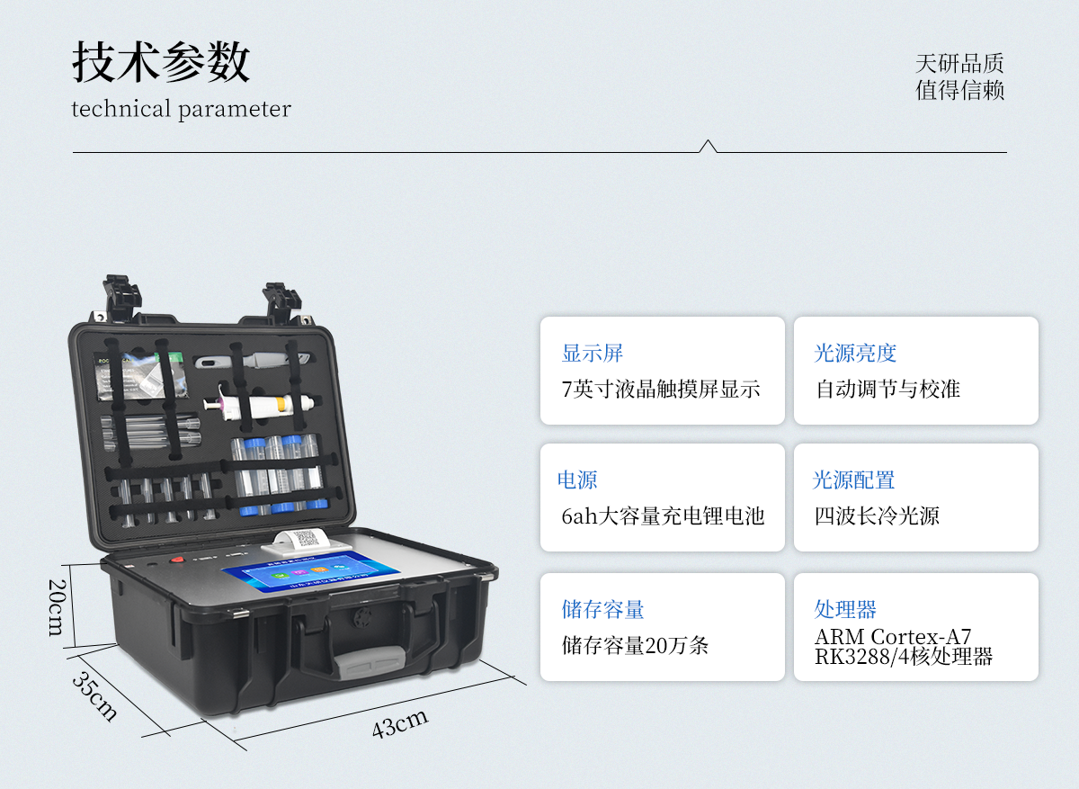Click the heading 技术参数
(161, 62)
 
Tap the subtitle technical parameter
(181, 109)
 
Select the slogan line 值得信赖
(959, 90)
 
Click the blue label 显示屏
(592, 353)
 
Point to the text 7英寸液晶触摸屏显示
(661, 389)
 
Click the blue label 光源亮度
(855, 353)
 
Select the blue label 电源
(577, 480)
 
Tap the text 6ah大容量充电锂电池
(663, 516)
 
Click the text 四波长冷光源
(877, 516)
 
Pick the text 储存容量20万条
(635, 645)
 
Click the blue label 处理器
(845, 609)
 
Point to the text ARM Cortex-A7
(893, 637)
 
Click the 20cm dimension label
(57, 607)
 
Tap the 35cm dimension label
(94, 696)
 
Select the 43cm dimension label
(400, 724)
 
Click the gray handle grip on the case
(370, 662)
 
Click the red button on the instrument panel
(178, 560)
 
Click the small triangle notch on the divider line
(708, 146)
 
